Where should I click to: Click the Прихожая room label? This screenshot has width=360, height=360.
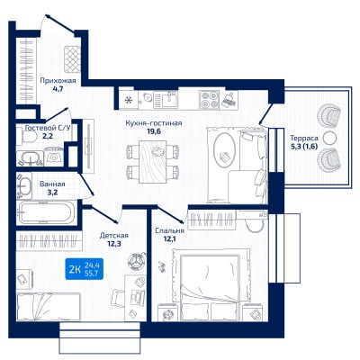click(x=58, y=80)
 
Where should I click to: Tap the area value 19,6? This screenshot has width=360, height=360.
click(x=153, y=130)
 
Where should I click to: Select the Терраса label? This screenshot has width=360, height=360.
click(x=304, y=139)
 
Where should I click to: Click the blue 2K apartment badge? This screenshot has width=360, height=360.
click(x=85, y=269)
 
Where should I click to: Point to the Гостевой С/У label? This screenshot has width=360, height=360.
click(x=48, y=128)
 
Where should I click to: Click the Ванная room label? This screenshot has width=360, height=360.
click(x=52, y=184)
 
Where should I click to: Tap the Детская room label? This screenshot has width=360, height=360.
click(x=114, y=236)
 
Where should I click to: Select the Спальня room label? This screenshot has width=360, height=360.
click(x=169, y=230)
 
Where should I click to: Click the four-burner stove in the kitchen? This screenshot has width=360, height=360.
click(x=209, y=99)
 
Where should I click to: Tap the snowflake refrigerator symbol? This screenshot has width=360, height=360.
click(x=129, y=100)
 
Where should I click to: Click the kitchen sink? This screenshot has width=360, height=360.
click(x=166, y=99)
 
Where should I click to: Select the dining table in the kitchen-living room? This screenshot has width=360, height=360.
click(x=152, y=161)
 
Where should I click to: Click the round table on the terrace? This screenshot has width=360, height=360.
click(x=329, y=138)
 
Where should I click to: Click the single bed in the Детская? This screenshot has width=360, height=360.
click(x=49, y=307)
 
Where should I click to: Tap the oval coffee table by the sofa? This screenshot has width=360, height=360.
click(x=224, y=149)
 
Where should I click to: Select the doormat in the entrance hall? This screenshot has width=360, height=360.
click(x=72, y=59)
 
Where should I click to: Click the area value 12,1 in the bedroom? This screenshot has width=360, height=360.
click(x=162, y=239)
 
